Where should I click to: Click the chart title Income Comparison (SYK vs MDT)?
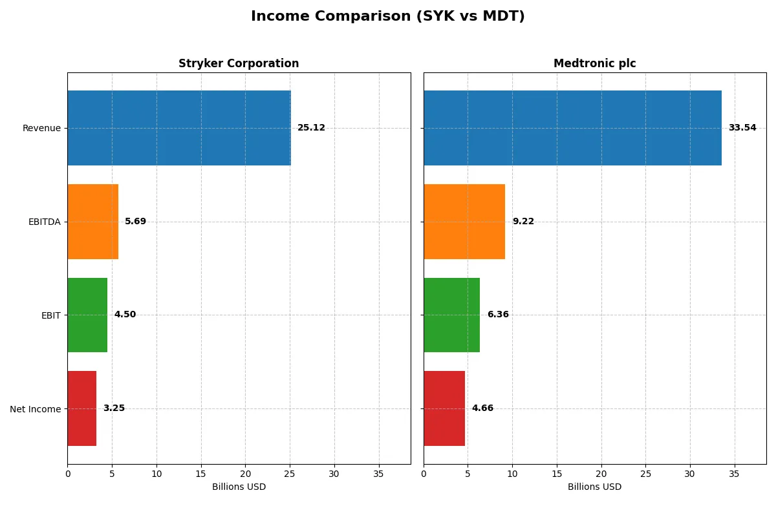[387, 17]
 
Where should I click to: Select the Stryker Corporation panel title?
[239, 63]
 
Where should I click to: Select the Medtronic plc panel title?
[594, 63]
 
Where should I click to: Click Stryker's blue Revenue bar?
[179, 128]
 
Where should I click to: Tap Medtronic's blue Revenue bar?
[572, 128]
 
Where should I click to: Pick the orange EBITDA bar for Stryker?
[92, 222]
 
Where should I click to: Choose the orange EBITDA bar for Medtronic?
[464, 222]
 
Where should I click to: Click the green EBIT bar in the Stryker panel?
[87, 315]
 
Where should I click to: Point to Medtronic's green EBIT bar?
[451, 315]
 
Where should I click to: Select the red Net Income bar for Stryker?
[81, 408]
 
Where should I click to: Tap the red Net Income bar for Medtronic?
[444, 408]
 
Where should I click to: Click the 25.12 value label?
[311, 128]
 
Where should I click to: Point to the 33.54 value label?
[742, 128]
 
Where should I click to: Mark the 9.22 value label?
[523, 222]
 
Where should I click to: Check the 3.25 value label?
[114, 408]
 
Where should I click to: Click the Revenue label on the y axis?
[41, 128]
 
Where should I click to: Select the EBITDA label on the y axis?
[44, 222]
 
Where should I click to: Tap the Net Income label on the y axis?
[36, 408]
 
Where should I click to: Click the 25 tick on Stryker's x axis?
[290, 474]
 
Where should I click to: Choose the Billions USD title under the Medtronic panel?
[594, 487]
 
